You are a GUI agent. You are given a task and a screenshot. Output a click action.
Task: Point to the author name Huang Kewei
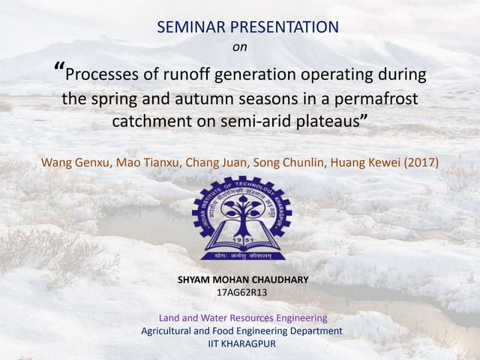tap(368, 162)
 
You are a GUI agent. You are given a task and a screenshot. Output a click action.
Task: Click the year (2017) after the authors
tap(422, 162)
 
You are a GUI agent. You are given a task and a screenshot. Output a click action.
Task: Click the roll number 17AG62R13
tap(241, 292)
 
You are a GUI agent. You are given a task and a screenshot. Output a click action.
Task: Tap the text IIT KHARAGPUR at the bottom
tap(241, 343)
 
